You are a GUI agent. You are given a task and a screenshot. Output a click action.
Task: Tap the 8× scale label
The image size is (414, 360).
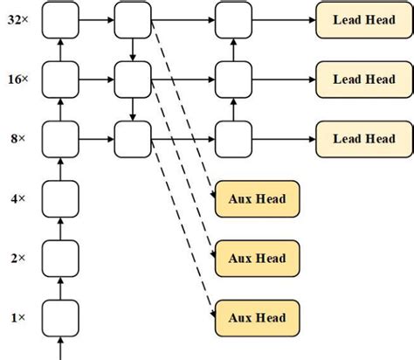pos(17,138)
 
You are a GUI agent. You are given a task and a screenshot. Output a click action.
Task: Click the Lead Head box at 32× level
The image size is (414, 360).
pos(364,19)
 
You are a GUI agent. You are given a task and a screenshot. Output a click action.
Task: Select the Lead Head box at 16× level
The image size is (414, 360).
pos(364,79)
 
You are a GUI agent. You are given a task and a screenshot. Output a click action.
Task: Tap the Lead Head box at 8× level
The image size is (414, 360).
pos(364,138)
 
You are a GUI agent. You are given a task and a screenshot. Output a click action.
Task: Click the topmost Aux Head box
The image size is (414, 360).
pos(258,199)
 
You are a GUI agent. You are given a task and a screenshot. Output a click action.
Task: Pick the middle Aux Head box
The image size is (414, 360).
pos(258,258)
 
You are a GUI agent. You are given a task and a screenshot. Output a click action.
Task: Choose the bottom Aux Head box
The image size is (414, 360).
pos(258,315)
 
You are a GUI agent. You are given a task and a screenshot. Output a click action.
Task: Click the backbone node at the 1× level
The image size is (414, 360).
pos(59,315)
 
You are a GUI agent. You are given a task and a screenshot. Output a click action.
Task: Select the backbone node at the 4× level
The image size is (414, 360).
pos(59,197)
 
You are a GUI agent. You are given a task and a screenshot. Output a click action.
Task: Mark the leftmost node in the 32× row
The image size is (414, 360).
pos(59,19)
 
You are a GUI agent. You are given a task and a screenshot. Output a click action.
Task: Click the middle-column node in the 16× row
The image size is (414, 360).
pos(132,79)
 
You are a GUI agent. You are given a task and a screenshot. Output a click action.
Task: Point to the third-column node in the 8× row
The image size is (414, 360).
pos(231,138)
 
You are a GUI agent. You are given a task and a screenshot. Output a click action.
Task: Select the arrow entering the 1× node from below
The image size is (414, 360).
pos(59,346)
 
